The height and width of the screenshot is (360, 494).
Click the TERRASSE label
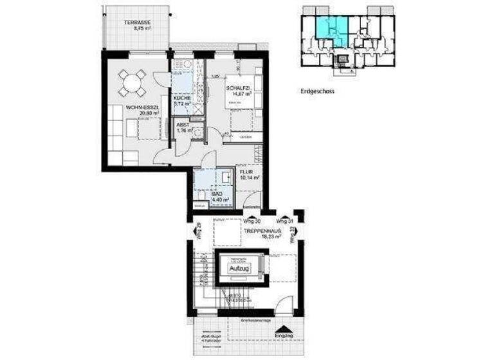click(x=138, y=22)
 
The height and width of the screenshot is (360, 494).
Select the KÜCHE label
click(x=182, y=98)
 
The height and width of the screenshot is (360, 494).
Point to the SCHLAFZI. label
click(x=238, y=88)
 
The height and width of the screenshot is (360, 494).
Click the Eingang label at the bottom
click(x=284, y=336)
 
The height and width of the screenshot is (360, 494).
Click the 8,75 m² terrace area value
click(x=138, y=28)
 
